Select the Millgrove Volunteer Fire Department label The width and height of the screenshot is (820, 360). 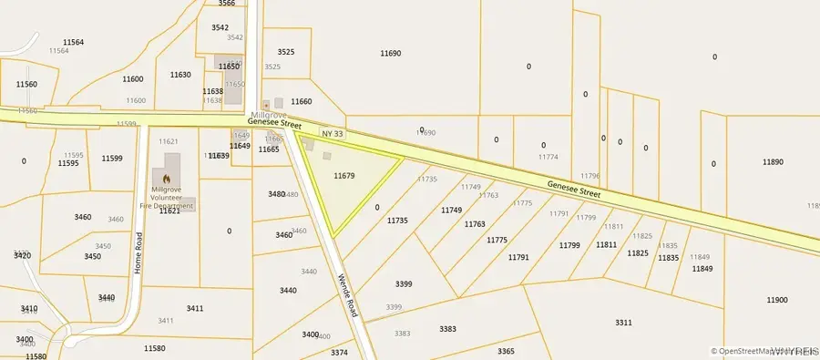(x=172, y=198)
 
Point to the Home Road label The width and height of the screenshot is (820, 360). (x=138, y=253)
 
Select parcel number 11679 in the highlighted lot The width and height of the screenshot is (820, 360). (x=344, y=175)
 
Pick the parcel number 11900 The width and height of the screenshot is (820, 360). (x=776, y=300)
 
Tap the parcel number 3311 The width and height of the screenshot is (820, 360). (x=623, y=323)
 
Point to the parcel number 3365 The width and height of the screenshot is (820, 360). (x=506, y=350)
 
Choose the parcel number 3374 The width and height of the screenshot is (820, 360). (x=339, y=352)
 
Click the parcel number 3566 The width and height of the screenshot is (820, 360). (x=227, y=4)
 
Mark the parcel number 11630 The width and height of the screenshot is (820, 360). (x=180, y=75)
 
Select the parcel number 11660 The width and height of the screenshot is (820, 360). (x=301, y=102)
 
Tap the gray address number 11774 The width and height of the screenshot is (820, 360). (x=548, y=158)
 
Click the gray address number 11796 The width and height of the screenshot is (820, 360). (x=590, y=175)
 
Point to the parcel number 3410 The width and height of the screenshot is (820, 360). (x=29, y=309)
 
